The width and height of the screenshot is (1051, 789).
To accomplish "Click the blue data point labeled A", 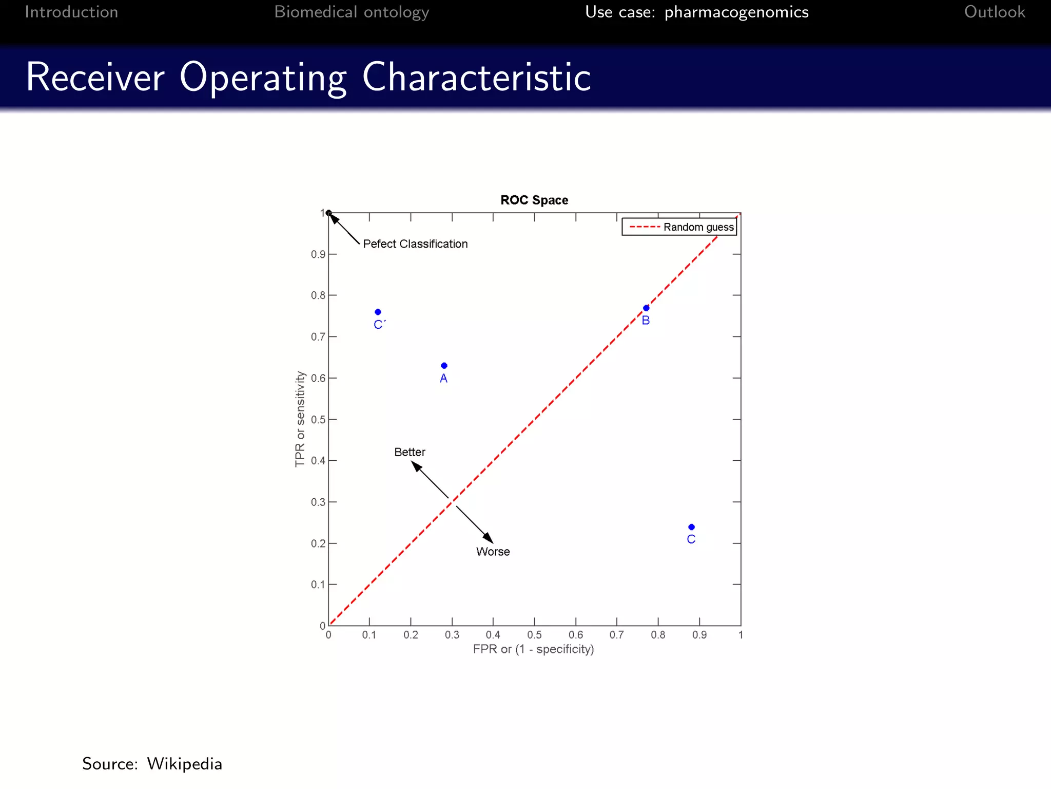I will pyautogui.click(x=444, y=366).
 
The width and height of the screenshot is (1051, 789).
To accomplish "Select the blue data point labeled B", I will pyautogui.click(x=646, y=308).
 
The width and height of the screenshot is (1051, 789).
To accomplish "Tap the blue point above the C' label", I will pyautogui.click(x=378, y=312).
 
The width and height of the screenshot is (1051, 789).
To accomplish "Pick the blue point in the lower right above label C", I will pyautogui.click(x=691, y=527).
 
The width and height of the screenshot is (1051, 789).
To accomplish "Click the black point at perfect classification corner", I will pyautogui.click(x=329, y=213).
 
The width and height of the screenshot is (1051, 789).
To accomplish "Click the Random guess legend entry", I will pyautogui.click(x=679, y=227).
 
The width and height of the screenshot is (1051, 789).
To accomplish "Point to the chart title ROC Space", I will pyautogui.click(x=534, y=200).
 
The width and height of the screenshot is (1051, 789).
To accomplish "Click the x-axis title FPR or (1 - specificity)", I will pyautogui.click(x=533, y=649).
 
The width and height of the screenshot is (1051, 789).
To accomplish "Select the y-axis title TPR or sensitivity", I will pyautogui.click(x=300, y=419).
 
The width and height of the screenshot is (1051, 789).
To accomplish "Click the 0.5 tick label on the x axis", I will pyautogui.click(x=534, y=635).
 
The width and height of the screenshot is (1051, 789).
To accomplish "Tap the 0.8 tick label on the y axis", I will pyautogui.click(x=318, y=295).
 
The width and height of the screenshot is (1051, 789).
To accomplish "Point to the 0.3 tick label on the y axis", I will pyautogui.click(x=318, y=502).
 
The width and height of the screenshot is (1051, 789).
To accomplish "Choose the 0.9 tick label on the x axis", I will pyautogui.click(x=699, y=635).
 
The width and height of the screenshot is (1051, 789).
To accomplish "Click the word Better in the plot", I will pyautogui.click(x=410, y=452).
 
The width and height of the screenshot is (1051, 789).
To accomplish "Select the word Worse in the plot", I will pyautogui.click(x=493, y=552).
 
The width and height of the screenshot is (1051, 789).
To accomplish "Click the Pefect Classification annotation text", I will pyautogui.click(x=415, y=244).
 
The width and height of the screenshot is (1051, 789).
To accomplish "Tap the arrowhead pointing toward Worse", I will pyautogui.click(x=489, y=538).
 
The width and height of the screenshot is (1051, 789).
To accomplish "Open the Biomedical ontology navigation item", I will pyautogui.click(x=352, y=12).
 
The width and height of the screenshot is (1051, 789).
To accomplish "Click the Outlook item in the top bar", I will pyautogui.click(x=994, y=12).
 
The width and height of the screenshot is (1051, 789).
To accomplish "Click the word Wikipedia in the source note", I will pyautogui.click(x=184, y=764).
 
